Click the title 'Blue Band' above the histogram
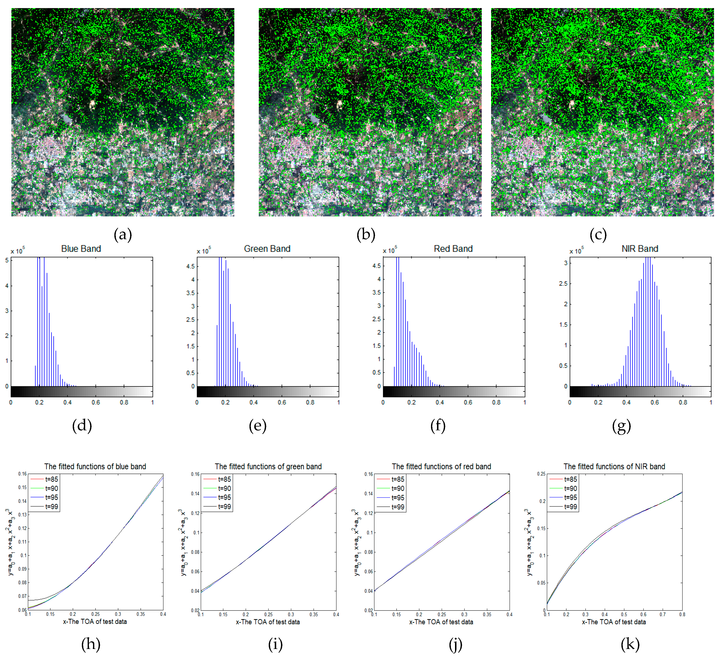[x=81, y=249]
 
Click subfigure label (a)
[x=123, y=235]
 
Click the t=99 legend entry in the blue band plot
[x=51, y=507]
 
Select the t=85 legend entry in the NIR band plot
[x=570, y=479]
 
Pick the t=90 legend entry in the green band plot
[x=224, y=488]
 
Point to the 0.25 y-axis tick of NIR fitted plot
[x=541, y=474]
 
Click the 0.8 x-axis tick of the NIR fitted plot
[x=682, y=615]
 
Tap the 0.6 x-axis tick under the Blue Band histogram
[x=96, y=402]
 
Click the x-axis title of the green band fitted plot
[x=267, y=622]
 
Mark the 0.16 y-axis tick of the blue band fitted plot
[x=22, y=474]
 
